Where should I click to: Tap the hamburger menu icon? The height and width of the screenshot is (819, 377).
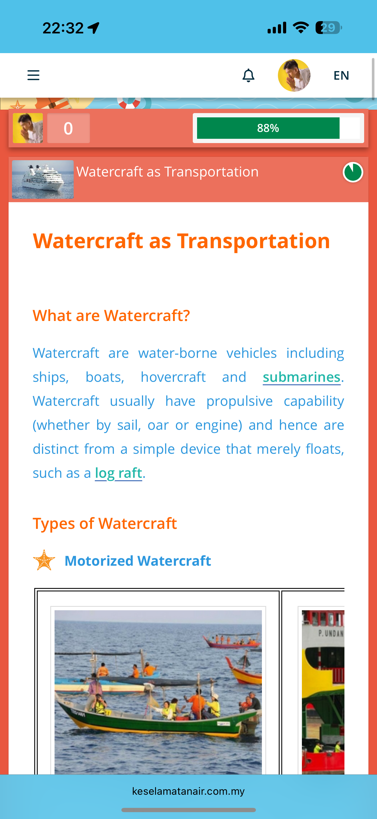(x=33, y=75)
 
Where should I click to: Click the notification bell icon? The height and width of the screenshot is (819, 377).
(x=248, y=75)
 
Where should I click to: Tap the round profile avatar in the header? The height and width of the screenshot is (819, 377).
(x=294, y=75)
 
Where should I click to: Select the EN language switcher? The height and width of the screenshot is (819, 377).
(x=341, y=75)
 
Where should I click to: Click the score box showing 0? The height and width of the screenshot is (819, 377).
(x=68, y=128)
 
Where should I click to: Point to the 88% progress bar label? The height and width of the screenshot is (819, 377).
(x=268, y=128)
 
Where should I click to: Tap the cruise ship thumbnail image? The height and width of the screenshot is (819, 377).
(x=43, y=179)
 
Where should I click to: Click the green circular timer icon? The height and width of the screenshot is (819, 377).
(x=353, y=172)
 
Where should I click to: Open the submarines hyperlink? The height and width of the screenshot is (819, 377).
(x=302, y=377)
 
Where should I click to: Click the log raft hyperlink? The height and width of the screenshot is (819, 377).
(x=119, y=473)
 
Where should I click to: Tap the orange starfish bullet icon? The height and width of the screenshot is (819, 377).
(x=44, y=560)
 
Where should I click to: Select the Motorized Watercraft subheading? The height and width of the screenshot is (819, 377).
(x=138, y=561)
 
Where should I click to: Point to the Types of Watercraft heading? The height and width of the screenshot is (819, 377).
(x=105, y=523)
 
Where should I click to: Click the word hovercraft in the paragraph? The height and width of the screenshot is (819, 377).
(x=173, y=377)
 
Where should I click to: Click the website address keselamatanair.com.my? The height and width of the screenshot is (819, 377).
(x=188, y=791)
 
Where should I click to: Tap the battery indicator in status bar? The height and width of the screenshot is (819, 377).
(x=329, y=28)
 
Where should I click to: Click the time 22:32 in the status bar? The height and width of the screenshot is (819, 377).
(x=63, y=28)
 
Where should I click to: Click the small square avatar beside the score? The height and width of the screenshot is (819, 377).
(x=28, y=128)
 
